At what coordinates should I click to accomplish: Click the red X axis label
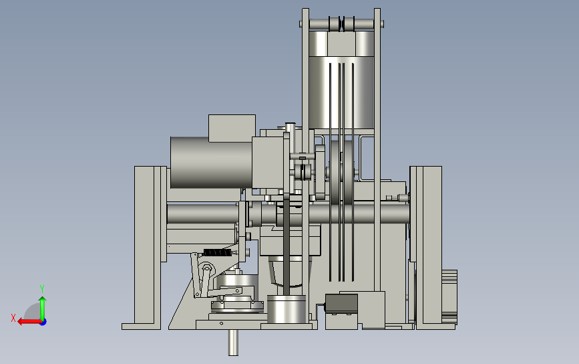click(x=13, y=318)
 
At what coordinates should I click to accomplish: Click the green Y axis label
click(x=42, y=289)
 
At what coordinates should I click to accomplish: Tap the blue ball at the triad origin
click(x=43, y=323)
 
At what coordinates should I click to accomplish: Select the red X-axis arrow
click(x=29, y=322)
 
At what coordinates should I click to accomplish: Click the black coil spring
click(x=218, y=253)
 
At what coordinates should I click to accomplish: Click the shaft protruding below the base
click(x=233, y=343)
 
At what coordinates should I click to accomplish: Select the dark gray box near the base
click(x=341, y=304)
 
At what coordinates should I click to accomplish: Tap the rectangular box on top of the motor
click(x=232, y=128)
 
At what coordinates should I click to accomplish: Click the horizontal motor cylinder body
click(x=211, y=163)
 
